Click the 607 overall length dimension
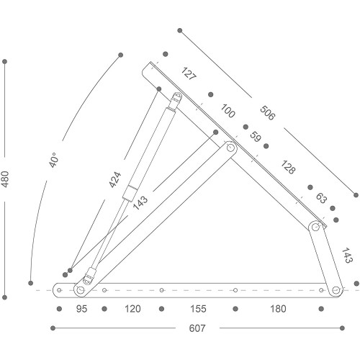click(x=197, y=328)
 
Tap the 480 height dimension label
click(x=5, y=179)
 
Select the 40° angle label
click(x=53, y=160)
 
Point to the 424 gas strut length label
click(x=115, y=179)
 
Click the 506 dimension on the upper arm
click(x=267, y=113)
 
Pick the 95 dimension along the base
click(x=81, y=309)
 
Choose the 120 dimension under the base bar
click(x=132, y=309)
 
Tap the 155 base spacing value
click(x=198, y=309)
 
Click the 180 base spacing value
click(x=278, y=309)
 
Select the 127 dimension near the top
click(x=189, y=73)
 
